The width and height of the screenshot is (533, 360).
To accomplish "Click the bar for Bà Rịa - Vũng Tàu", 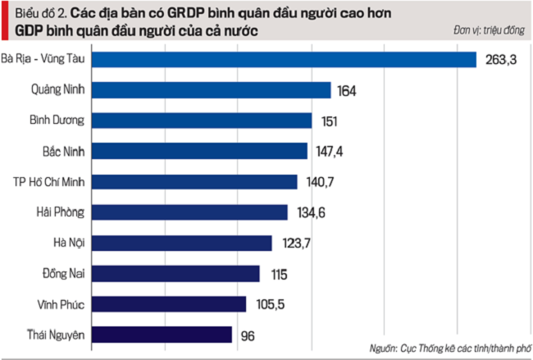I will click(x=283, y=60).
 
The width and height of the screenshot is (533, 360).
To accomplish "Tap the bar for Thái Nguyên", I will click(x=161, y=335).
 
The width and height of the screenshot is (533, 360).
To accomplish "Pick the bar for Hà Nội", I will click(x=180, y=243).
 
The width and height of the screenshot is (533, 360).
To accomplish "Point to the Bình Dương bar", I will click(x=201, y=121).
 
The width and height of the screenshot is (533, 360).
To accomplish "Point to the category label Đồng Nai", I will click(x=63, y=273).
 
